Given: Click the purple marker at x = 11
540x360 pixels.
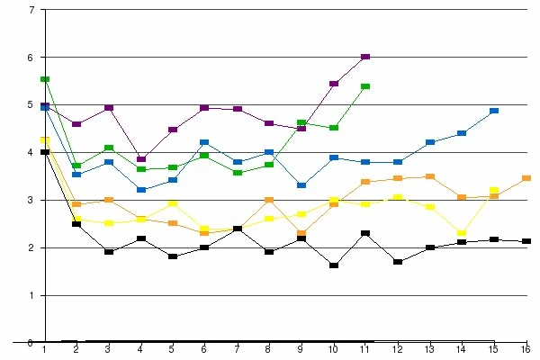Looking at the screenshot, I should pyautogui.click(x=365, y=57).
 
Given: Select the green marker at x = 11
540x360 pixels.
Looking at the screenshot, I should pyautogui.click(x=365, y=86).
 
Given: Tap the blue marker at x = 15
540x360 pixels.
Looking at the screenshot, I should pyautogui.click(x=494, y=111).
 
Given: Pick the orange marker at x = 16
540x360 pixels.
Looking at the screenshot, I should pyautogui.click(x=526, y=178).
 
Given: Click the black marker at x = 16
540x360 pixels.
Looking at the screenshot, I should pyautogui.click(x=526, y=241).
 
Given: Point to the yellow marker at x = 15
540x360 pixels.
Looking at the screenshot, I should pyautogui.click(x=494, y=191).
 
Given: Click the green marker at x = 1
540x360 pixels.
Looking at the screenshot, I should pyautogui.click(x=45, y=79).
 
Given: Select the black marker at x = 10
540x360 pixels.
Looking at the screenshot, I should pyautogui.click(x=333, y=265).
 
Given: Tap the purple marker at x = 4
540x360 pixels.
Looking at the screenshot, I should pyautogui.click(x=140, y=159).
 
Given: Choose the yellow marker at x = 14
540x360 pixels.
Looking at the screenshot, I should pyautogui.click(x=462, y=233).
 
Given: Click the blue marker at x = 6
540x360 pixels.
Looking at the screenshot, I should pyautogui.click(x=204, y=142).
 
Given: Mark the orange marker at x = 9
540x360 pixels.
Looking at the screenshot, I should pyautogui.click(x=301, y=233).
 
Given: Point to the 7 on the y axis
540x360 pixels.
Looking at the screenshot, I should pyautogui.click(x=31, y=10).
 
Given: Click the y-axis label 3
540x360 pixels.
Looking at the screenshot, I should pyautogui.click(x=31, y=200).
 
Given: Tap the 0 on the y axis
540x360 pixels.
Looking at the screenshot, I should pyautogui.click(x=31, y=342).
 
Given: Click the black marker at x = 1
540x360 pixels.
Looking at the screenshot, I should pyautogui.click(x=45, y=152).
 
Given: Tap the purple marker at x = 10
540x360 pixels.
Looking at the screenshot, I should pyautogui.click(x=333, y=84).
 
